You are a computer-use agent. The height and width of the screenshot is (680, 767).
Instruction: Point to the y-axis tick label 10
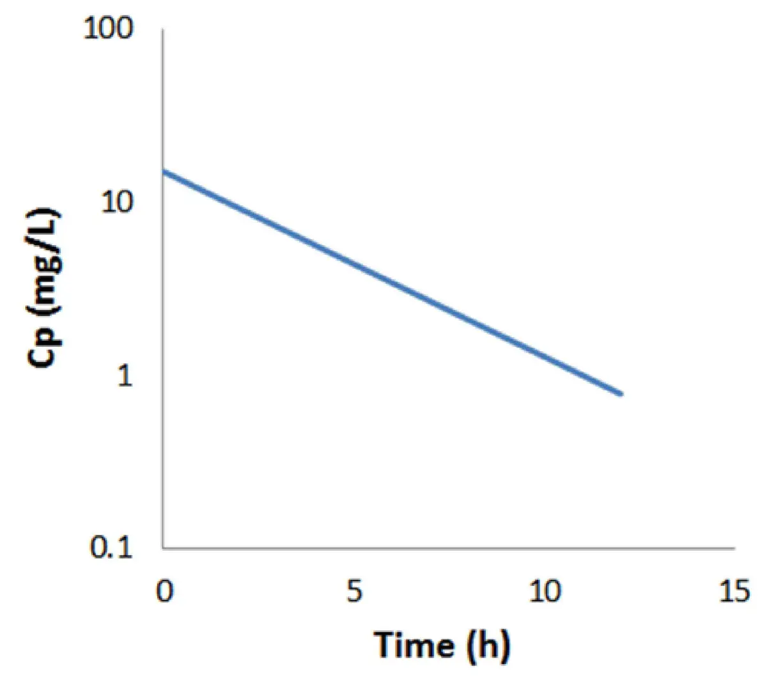pyautogui.click(x=117, y=203)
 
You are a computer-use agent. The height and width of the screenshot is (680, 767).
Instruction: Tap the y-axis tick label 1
pyautogui.click(x=124, y=376)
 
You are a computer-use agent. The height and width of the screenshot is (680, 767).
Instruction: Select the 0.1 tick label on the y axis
pyautogui.click(x=111, y=549)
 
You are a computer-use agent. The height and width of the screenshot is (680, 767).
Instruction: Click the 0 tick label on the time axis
pyautogui.click(x=164, y=592)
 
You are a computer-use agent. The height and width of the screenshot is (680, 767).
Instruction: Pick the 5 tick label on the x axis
pyautogui.click(x=353, y=592)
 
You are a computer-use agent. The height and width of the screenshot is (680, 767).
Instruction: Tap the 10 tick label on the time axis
pyautogui.click(x=544, y=592)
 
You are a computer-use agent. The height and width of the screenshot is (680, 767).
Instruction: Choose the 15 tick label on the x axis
pyautogui.click(x=734, y=592)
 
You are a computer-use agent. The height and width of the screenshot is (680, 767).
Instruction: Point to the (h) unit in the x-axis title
pyautogui.click(x=487, y=646)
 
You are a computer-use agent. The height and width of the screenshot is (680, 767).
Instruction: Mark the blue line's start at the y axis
pyautogui.click(x=164, y=171)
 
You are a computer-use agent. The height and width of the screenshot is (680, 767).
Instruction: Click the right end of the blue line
pyautogui.click(x=621, y=394)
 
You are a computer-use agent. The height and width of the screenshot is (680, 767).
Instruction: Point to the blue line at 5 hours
pyautogui.click(x=353, y=264)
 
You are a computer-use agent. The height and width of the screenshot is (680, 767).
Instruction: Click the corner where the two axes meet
pyautogui.click(x=163, y=548)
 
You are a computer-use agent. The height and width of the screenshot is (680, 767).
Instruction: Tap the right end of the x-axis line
pyautogui.click(x=734, y=548)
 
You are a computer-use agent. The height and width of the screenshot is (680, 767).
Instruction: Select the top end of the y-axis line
pyautogui.click(x=163, y=29)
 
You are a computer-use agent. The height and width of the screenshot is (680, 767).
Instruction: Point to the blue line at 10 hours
pyautogui.click(x=544, y=357)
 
